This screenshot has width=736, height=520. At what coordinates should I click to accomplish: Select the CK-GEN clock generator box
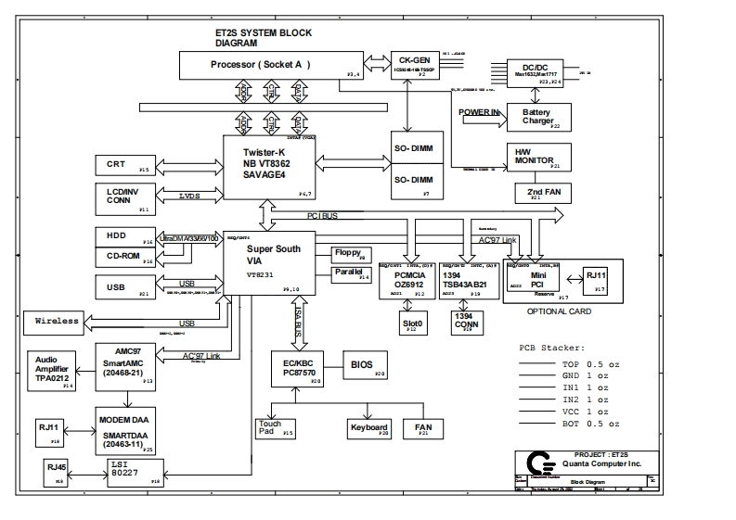pyautogui.click(x=413, y=62)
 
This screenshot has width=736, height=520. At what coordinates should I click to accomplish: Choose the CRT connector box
pyautogui.click(x=125, y=166)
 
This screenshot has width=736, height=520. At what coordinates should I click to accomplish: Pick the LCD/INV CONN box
pyautogui.click(x=125, y=197)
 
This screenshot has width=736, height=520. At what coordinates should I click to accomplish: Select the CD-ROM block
pyautogui.click(x=125, y=257)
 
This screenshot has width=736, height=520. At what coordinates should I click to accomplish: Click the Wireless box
pyautogui.click(x=51, y=321)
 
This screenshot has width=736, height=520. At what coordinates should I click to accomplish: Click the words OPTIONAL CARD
pyautogui.click(x=560, y=312)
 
